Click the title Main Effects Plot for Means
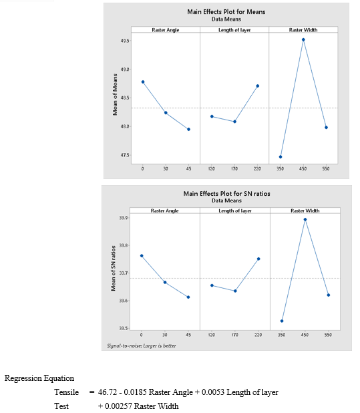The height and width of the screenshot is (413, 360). pos(226,12)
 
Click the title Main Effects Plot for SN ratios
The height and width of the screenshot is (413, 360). pos(226,194)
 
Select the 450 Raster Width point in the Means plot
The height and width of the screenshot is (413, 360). pos(303,39)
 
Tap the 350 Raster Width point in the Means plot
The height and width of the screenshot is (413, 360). pos(281,157)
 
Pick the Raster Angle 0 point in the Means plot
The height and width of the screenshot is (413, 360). pos(143,82)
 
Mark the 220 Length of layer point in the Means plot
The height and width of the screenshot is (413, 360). pos(257,86)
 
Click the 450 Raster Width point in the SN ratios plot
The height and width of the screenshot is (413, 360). pos(305,219)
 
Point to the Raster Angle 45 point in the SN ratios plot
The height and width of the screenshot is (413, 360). pos(188,297)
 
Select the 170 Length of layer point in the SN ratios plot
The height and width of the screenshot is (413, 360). pos(235,291)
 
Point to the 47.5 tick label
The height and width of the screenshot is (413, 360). pos(125,155)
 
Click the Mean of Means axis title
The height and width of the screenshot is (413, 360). pos(115,94)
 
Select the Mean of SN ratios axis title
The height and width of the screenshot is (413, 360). pos(113,268)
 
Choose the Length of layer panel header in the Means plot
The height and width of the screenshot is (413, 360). pos(234,30)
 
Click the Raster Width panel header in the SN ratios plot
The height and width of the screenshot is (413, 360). pos(305,211)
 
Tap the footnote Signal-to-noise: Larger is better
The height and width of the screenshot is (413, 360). pos(142,346)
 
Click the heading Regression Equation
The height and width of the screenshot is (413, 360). pos(39,378)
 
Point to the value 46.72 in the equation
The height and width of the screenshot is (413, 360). pos(108,392)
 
